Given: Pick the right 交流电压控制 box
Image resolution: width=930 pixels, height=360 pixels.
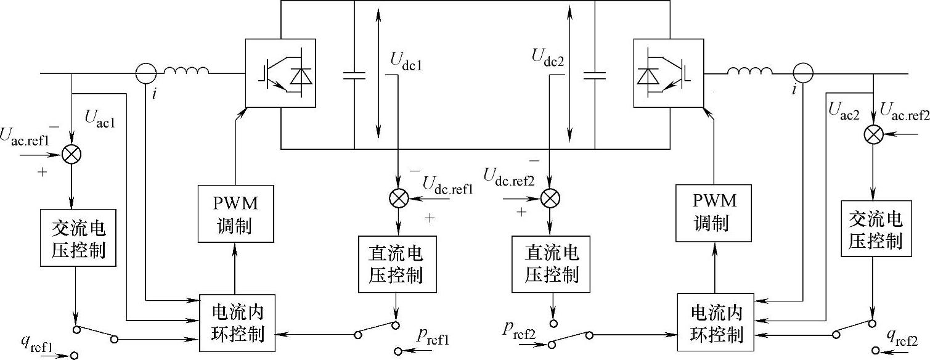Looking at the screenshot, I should pos(875,230).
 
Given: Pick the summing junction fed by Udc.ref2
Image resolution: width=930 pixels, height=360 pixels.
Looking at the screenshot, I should pos(549,198).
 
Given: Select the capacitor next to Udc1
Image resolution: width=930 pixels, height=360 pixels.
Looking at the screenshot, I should pos(354,75).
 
